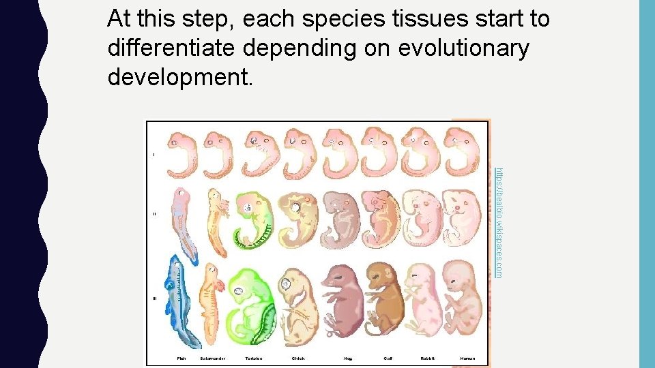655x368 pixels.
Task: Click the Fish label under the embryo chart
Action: pyautogui.click(x=181, y=358)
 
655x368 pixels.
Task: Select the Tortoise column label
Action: pyautogui.click(x=254, y=358)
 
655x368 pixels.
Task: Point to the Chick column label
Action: pyautogui.click(x=298, y=358)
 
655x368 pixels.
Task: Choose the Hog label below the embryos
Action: pyautogui.click(x=348, y=358)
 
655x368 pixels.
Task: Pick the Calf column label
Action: pyautogui.click(x=388, y=358)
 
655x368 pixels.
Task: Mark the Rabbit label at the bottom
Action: pyautogui.click(x=428, y=358)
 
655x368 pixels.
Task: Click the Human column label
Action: pyautogui.click(x=468, y=358)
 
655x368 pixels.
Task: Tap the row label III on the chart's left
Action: pyautogui.click(x=154, y=298)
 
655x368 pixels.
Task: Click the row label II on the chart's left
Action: pyautogui.click(x=154, y=214)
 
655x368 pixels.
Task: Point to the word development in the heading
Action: pyautogui.click(x=180, y=78)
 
